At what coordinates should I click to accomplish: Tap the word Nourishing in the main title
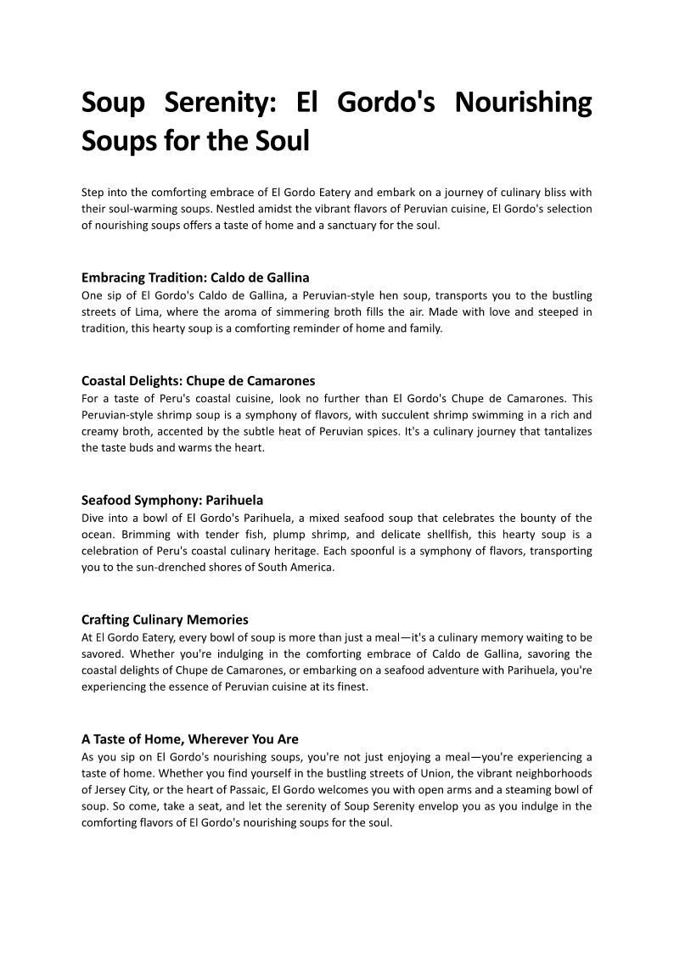(x=523, y=104)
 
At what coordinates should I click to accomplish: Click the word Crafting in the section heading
(x=106, y=620)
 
